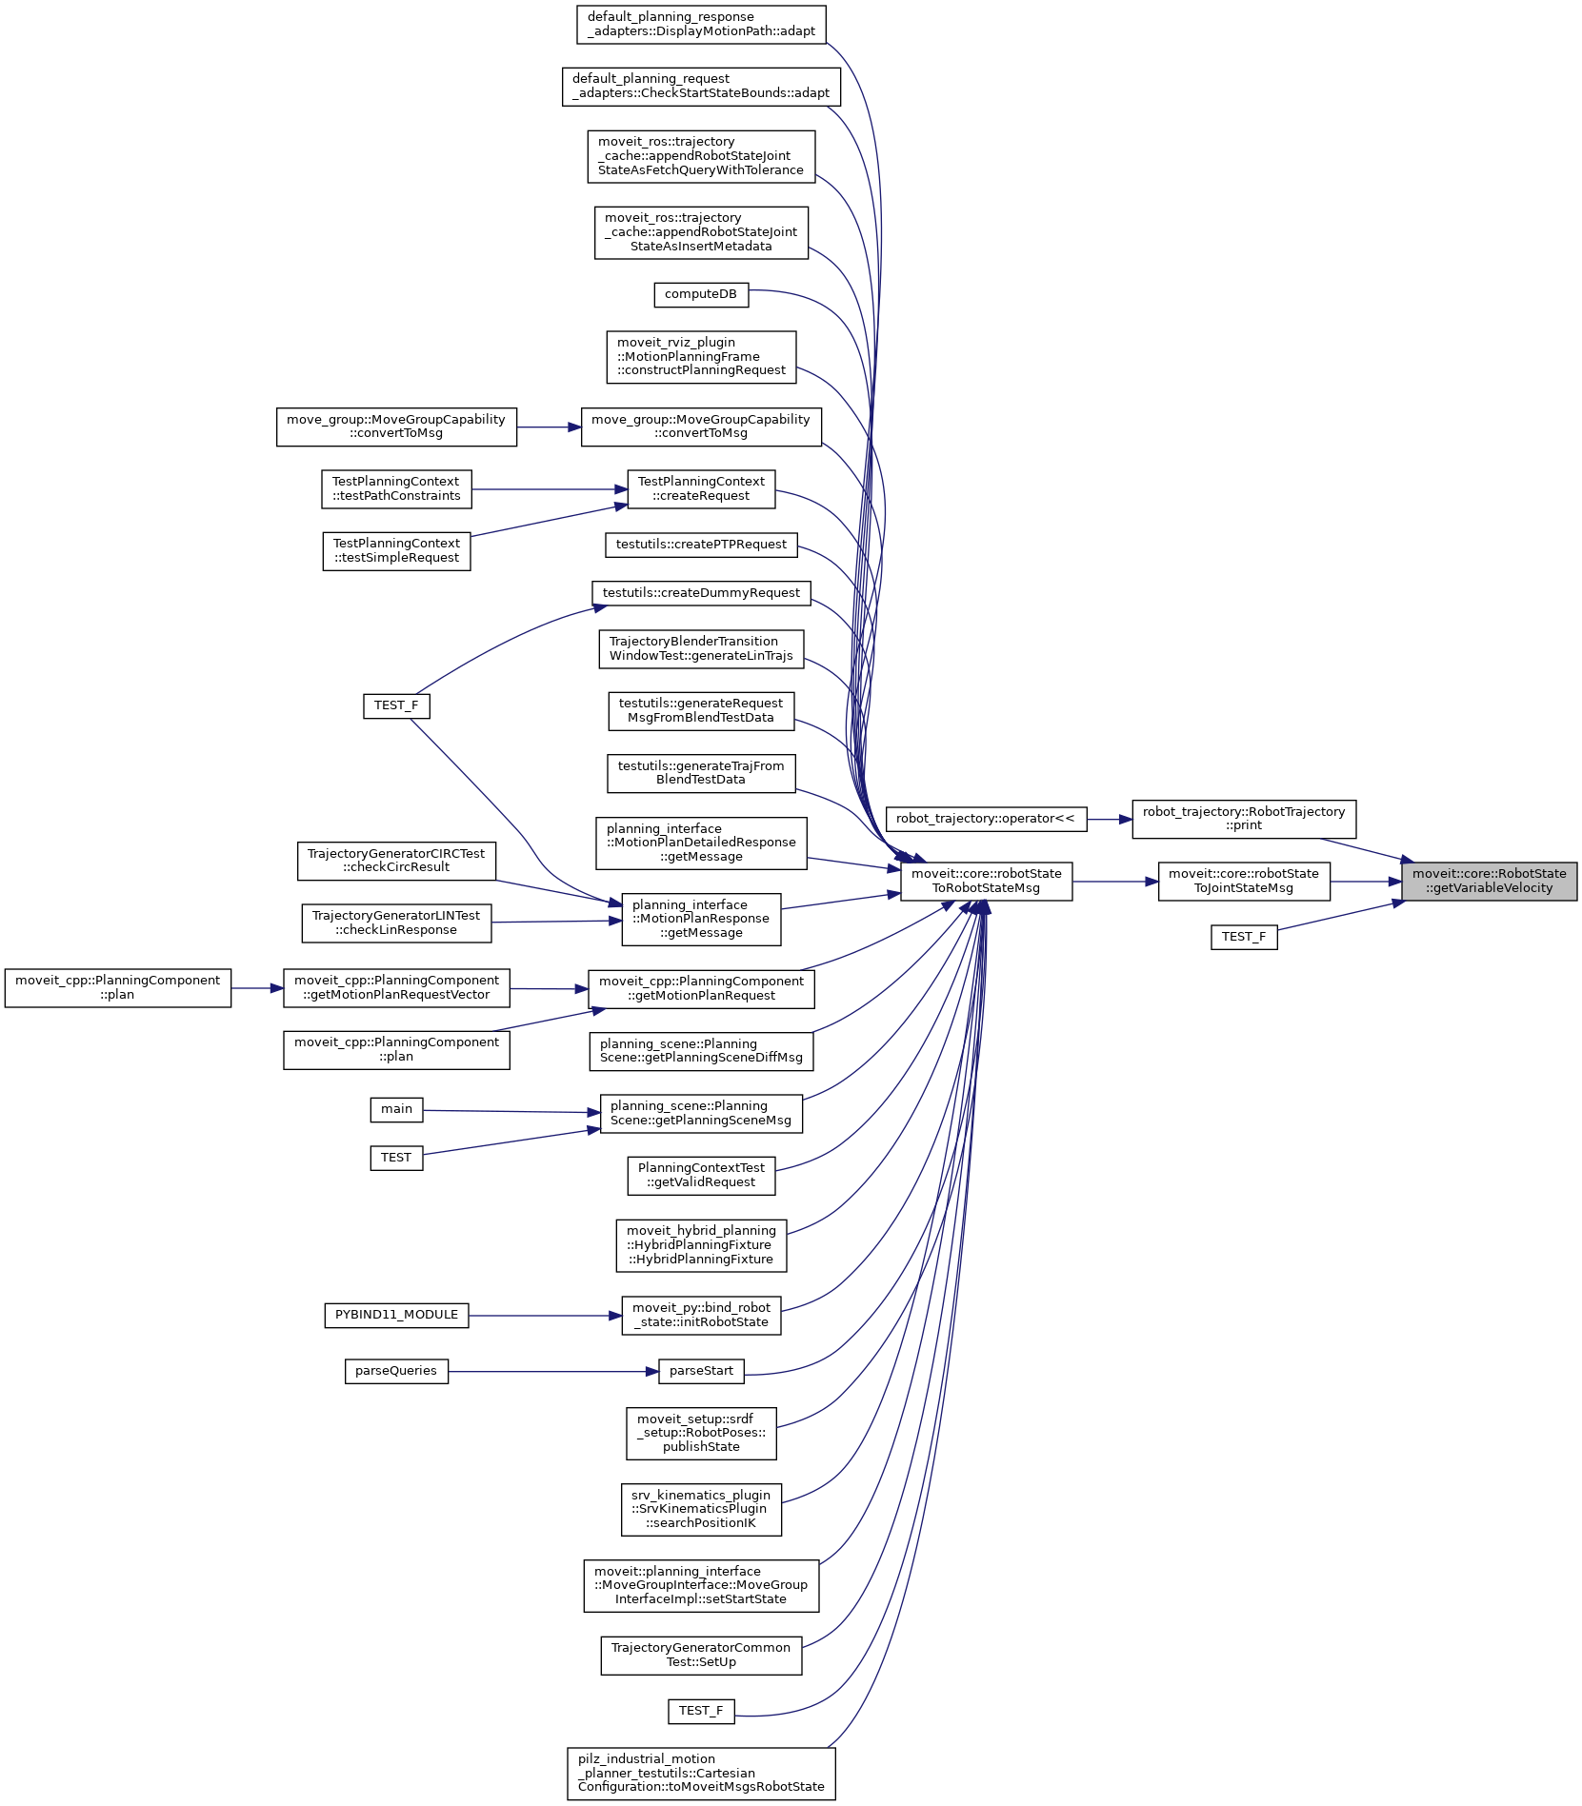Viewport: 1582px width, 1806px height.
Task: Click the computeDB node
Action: click(701, 294)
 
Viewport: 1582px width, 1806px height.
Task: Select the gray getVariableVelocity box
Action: click(1489, 881)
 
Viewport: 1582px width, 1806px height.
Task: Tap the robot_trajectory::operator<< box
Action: click(985, 819)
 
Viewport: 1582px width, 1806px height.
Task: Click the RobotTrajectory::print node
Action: click(1243, 819)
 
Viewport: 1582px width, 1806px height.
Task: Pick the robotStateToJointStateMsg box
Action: click(1243, 881)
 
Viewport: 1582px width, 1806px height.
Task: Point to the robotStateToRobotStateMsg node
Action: click(986, 881)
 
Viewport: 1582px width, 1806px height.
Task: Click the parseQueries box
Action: click(395, 1371)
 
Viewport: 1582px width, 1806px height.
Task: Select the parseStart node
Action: click(701, 1371)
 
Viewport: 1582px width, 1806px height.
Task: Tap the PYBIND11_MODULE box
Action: click(396, 1315)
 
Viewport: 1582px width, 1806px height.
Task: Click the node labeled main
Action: click(396, 1109)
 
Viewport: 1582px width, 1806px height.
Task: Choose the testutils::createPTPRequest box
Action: click(701, 545)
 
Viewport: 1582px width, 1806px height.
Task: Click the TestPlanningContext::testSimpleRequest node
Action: click(396, 550)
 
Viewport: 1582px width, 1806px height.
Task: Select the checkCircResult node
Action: click(396, 861)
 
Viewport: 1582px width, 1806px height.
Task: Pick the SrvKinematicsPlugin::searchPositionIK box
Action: click(701, 1509)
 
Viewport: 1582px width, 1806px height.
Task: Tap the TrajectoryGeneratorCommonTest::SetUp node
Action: click(701, 1655)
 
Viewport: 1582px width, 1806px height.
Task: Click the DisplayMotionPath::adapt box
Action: click(701, 24)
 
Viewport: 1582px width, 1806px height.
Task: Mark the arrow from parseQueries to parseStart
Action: click(552, 1371)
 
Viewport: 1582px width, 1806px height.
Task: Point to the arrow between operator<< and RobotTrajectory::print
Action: click(1109, 819)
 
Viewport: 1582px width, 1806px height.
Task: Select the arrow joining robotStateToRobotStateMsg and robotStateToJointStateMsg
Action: click(1114, 882)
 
